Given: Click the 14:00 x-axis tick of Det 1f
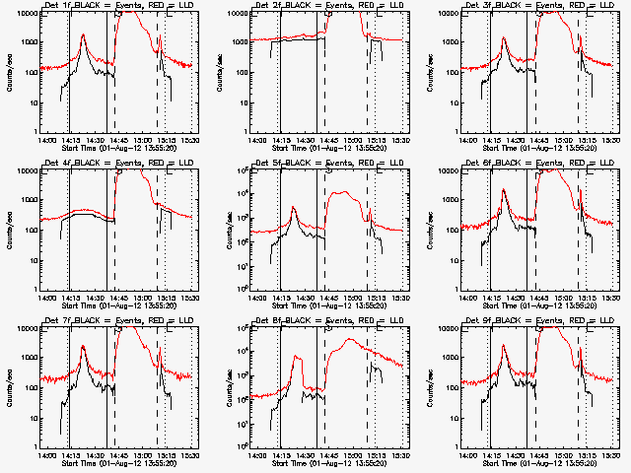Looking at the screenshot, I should click(x=46, y=140).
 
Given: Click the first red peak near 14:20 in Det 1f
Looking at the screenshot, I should click(x=83, y=35).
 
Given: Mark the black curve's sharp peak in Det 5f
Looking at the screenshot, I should click(x=293, y=208).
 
